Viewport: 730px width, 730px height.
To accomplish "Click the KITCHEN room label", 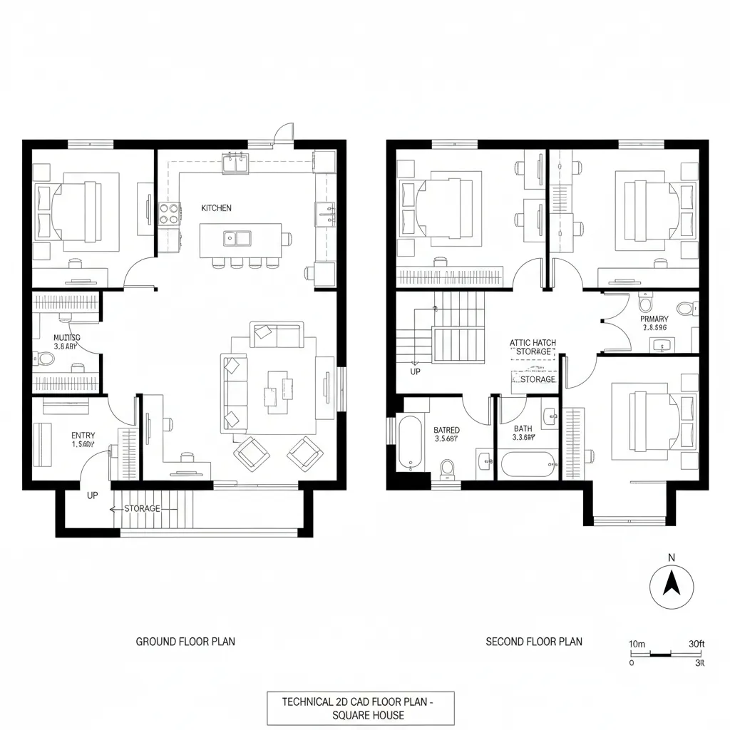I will (216, 208).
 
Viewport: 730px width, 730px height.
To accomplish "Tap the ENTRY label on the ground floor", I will (83, 436).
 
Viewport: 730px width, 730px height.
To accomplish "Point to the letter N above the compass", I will (671, 557).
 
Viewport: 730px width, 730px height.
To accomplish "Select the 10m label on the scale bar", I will (637, 644).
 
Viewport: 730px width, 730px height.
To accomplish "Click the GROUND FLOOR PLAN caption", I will (185, 642).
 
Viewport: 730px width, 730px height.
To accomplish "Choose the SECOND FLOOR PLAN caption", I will (534, 642).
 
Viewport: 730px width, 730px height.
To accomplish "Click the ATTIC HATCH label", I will (533, 343).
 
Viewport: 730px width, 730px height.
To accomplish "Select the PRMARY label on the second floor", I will (654, 319).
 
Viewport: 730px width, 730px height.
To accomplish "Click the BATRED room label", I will (447, 430).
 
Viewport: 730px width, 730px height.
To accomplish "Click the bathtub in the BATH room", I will (529, 465).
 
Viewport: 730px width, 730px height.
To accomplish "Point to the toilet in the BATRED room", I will (448, 468).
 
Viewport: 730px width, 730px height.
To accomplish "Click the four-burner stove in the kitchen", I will (168, 212).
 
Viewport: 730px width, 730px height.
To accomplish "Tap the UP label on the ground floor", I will (92, 495).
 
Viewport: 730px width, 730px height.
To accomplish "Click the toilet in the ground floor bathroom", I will (45, 357).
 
